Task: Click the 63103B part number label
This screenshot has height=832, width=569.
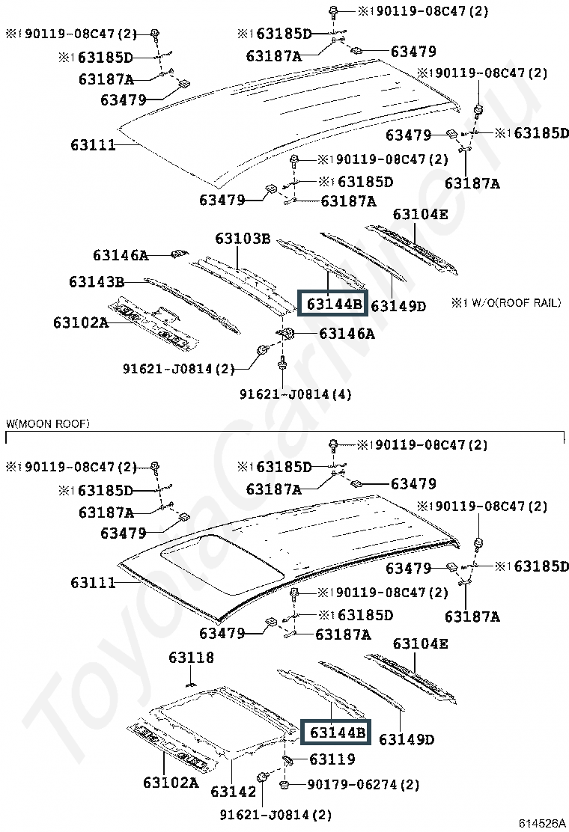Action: tap(243, 239)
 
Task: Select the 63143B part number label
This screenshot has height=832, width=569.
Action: tap(97, 282)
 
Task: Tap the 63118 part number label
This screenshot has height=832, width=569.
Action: tap(191, 658)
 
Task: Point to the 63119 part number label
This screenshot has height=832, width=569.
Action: tap(332, 759)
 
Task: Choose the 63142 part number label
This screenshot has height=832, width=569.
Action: tap(233, 791)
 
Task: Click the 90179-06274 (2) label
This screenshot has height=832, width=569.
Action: tap(363, 784)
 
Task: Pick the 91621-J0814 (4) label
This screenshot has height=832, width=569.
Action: tap(295, 394)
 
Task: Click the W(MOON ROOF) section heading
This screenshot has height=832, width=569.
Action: tap(48, 423)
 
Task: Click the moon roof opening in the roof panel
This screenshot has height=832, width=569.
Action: tap(222, 563)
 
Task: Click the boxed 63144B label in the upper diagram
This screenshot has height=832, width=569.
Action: tap(332, 304)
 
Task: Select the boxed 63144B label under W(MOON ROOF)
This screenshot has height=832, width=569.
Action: tap(335, 732)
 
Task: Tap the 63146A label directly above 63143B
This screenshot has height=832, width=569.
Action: tap(121, 255)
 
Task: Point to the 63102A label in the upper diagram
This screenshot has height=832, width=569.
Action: tap(81, 322)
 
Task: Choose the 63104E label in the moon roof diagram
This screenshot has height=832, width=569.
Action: tap(420, 643)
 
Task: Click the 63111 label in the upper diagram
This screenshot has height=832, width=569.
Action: tap(93, 145)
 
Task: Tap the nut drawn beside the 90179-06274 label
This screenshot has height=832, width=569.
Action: tap(284, 784)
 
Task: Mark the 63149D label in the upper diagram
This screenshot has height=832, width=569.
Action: tap(398, 306)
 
